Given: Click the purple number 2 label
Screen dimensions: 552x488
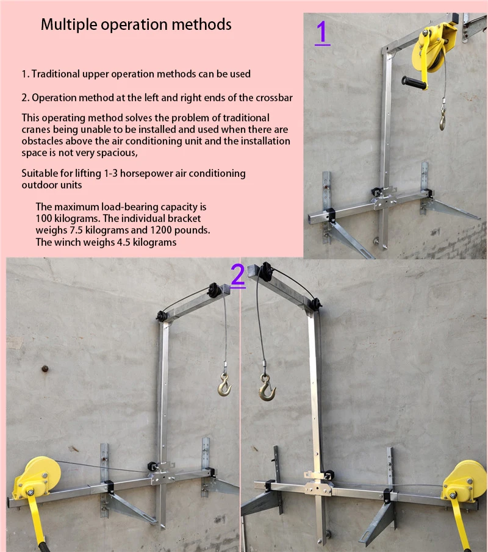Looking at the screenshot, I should point(238,276).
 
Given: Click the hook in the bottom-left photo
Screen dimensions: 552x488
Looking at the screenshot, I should point(224,385).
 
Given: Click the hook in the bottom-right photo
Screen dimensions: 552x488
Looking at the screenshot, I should point(267,388).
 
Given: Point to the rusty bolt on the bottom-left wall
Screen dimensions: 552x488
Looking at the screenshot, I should point(44,368).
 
